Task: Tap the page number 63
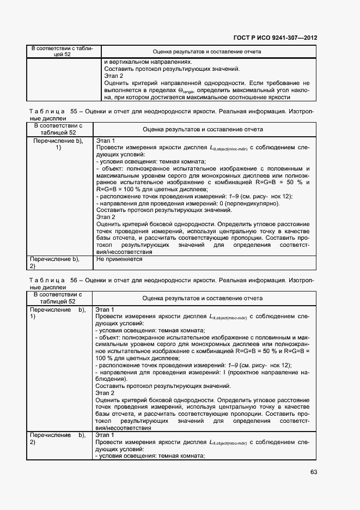(x=313, y=472)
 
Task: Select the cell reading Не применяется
(x=119, y=259)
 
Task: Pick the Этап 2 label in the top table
(x=113, y=76)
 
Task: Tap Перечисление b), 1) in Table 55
(x=58, y=144)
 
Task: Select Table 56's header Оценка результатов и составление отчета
(x=203, y=298)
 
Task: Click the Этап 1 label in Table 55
(x=105, y=140)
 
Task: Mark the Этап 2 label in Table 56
(x=105, y=393)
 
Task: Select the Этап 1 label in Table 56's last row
(x=105, y=435)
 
